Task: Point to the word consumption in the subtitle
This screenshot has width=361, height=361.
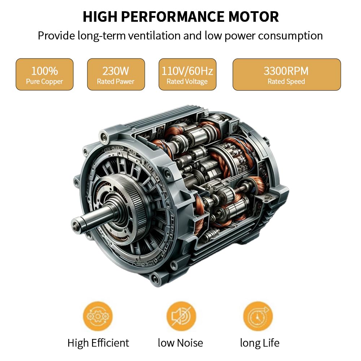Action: tap(290, 36)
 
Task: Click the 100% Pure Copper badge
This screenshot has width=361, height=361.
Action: tap(44, 74)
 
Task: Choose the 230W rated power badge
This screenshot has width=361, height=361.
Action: tap(116, 74)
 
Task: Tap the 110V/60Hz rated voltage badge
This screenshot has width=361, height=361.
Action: tap(187, 74)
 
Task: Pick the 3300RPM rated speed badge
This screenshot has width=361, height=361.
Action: tap(287, 74)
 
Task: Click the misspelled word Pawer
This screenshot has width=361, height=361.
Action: tap(125, 82)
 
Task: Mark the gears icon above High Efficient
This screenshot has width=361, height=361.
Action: tap(98, 316)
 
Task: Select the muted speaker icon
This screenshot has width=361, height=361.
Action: tap(181, 316)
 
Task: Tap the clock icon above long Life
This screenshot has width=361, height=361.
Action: tap(258, 316)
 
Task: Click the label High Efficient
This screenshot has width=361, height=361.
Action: tap(98, 343)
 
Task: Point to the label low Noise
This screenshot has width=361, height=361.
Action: tap(180, 343)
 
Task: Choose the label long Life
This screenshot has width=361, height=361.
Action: tap(260, 343)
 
